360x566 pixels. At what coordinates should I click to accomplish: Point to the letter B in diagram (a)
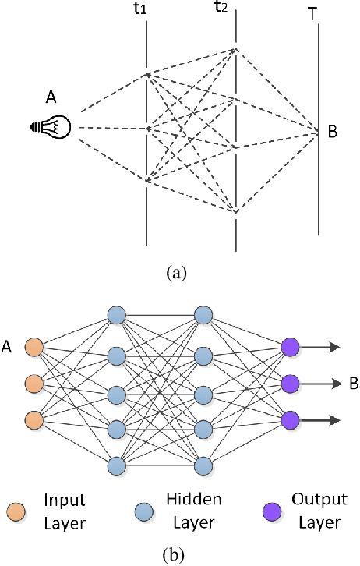333,132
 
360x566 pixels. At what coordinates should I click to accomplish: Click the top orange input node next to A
34,347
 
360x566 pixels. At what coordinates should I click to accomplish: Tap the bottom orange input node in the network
34,421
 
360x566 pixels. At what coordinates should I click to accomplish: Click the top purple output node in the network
290,347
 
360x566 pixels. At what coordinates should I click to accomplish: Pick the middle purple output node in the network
290,384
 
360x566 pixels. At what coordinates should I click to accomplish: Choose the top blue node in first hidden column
116,315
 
